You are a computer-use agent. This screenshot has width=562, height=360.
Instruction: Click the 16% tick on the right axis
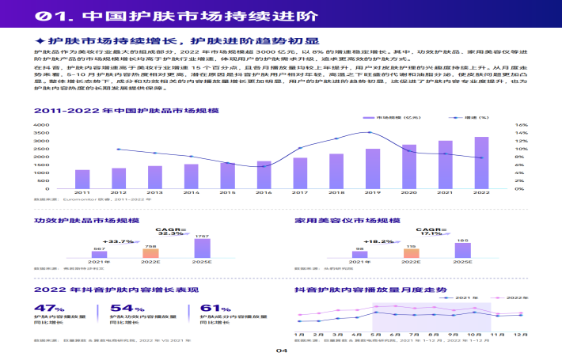coord(522,125)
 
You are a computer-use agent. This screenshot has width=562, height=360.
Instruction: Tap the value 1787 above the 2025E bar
coord(203,237)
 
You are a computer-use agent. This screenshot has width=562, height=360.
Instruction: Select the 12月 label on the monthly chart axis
coord(520,335)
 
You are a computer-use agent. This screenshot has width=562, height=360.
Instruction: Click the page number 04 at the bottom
coord(280,351)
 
